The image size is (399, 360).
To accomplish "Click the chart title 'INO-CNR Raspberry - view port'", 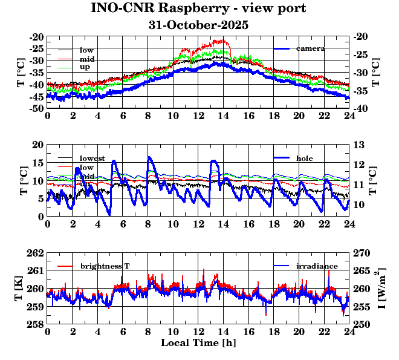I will [198, 8].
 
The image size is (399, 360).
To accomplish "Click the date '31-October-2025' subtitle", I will [198, 25].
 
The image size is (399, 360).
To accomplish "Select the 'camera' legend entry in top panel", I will [311, 48].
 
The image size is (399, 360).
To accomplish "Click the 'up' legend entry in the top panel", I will [85, 67].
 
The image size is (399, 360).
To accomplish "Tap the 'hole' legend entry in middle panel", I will [305, 158].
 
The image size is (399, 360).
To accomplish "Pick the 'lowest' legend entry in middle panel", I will [92, 159].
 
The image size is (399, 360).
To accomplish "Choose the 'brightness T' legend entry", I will [105, 266].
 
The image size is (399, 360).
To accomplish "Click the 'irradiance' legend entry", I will [317, 266].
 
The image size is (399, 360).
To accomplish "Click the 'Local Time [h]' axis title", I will [198, 342].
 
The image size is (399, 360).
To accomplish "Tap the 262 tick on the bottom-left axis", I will [36, 253].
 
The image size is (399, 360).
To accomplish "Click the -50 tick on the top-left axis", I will [36, 108].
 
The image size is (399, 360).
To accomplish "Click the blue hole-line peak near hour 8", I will [149, 157].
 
